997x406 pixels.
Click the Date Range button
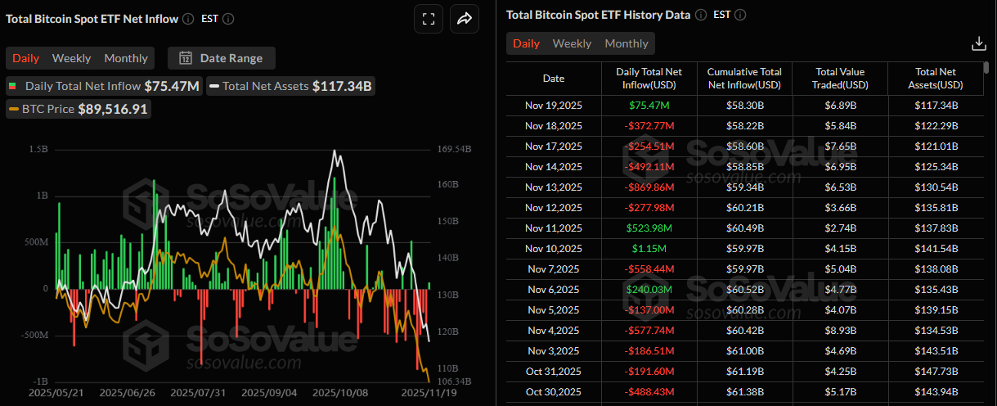click(x=222, y=58)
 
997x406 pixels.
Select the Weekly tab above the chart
click(x=71, y=58)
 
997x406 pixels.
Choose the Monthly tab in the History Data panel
click(x=626, y=43)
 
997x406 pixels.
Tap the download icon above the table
click(x=978, y=43)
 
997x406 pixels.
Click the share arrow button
click(x=464, y=19)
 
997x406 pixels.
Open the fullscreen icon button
click(x=428, y=19)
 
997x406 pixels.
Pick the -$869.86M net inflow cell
click(x=649, y=187)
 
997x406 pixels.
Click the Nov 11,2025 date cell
click(x=553, y=228)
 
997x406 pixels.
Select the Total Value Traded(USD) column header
click(x=839, y=78)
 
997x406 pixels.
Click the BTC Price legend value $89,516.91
click(x=113, y=109)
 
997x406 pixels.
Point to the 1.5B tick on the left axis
click(x=38, y=150)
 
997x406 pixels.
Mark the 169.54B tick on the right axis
click(x=455, y=150)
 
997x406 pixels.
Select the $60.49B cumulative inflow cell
click(x=744, y=228)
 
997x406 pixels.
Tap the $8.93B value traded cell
click(x=839, y=330)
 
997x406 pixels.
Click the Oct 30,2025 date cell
click(x=553, y=391)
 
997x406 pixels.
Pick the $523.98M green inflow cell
click(x=649, y=228)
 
